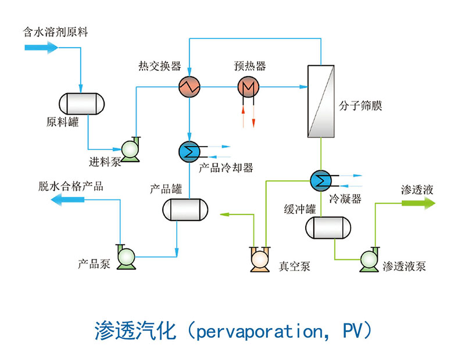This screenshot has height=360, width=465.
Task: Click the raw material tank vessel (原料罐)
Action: click(x=82, y=103)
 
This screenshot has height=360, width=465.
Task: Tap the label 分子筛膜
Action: click(x=358, y=106)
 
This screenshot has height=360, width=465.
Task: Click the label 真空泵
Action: click(x=295, y=267)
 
